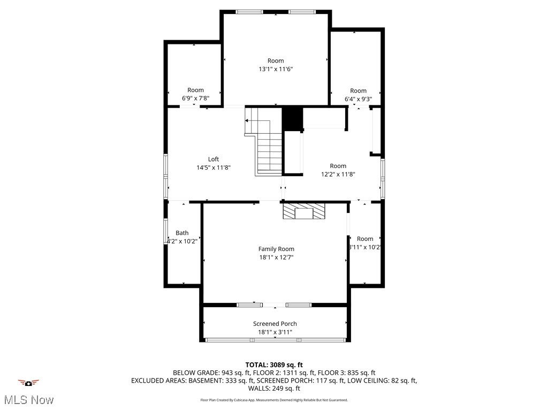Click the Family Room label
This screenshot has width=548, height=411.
click(276, 249)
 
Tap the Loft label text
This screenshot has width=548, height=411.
click(214, 159)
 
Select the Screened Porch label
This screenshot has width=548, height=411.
click(275, 324)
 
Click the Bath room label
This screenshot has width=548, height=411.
click(182, 233)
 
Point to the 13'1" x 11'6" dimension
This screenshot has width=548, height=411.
click(276, 69)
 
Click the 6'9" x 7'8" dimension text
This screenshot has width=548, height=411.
click(195, 98)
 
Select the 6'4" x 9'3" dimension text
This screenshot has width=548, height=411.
click(358, 99)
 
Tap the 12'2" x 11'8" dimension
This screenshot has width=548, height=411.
click(338, 174)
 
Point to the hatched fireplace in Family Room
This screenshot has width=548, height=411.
click(304, 211)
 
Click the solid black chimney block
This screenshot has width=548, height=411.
click(292, 118)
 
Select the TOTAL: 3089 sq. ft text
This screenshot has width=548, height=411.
click(274, 365)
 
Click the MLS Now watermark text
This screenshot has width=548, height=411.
click(28, 400)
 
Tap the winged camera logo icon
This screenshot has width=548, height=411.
click(28, 383)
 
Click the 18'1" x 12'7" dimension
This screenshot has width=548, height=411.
click(276, 257)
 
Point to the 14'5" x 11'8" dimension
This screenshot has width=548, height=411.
click(214, 168)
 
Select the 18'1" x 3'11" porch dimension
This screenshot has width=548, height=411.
click(275, 332)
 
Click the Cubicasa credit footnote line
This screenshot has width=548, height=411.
click(274, 400)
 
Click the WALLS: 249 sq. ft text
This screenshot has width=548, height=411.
click(274, 389)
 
